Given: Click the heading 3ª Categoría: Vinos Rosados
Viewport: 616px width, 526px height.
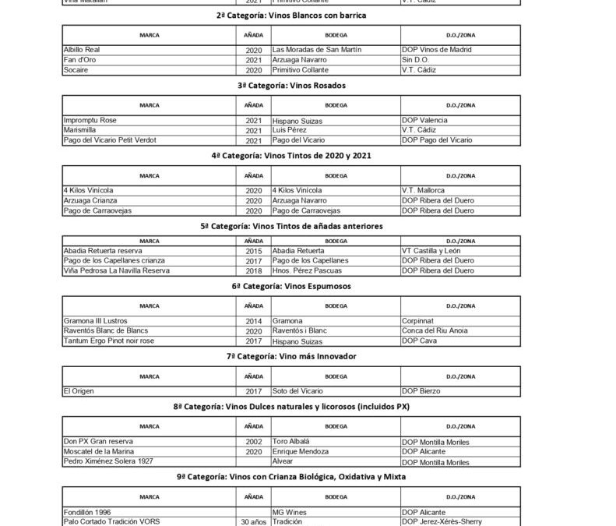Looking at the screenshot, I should (308, 85).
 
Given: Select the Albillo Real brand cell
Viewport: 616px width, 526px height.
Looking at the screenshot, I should (83, 49).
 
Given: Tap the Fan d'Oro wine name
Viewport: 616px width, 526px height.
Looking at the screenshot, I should (79, 58).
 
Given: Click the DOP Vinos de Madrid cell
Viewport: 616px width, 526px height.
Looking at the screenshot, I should (438, 49).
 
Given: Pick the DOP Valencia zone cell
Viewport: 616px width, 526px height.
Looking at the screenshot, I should (428, 121).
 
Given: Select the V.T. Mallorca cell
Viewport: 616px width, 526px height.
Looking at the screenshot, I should (424, 190).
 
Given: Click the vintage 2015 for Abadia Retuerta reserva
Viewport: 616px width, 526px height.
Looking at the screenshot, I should (253, 251).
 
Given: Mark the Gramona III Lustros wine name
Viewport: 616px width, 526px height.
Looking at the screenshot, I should (95, 321).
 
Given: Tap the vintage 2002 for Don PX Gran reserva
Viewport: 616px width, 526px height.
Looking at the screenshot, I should (253, 441).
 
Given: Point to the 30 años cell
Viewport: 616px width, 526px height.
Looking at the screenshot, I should (253, 521).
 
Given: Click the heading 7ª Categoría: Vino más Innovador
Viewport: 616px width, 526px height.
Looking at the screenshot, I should (308, 355).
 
